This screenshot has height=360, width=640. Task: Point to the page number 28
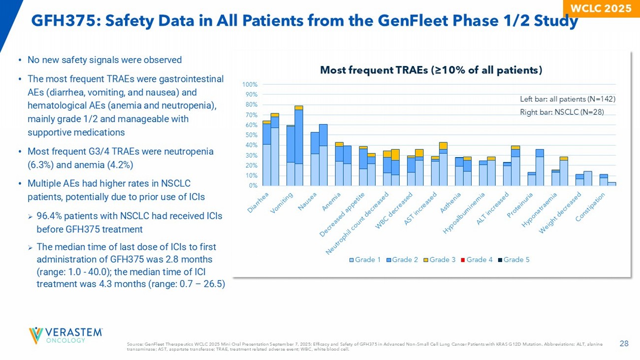(x=624, y=343)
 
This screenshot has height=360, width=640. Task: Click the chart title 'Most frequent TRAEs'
(x=431, y=70)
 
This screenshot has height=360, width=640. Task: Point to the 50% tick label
(x=253, y=135)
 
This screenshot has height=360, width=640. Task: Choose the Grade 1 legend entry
(x=365, y=260)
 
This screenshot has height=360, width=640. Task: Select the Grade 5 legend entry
(x=513, y=260)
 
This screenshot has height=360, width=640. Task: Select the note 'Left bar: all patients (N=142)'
(x=568, y=99)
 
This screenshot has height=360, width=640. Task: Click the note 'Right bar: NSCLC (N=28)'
(x=562, y=112)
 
